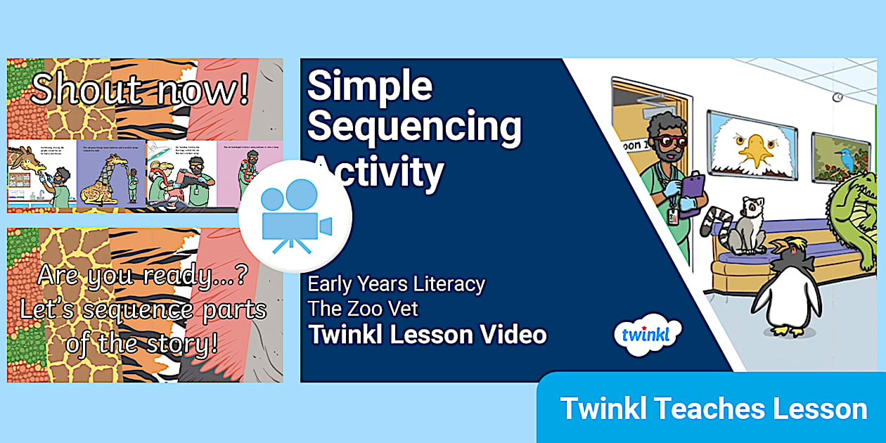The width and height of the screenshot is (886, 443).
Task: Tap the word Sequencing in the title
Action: point(414,127)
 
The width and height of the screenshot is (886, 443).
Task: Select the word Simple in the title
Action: point(369,86)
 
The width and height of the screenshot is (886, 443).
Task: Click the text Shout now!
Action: point(140,91)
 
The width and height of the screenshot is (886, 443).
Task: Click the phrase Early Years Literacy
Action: point(397,284)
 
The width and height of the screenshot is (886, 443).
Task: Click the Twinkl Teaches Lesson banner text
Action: point(713,409)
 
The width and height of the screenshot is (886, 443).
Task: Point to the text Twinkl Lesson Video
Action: point(427,335)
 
